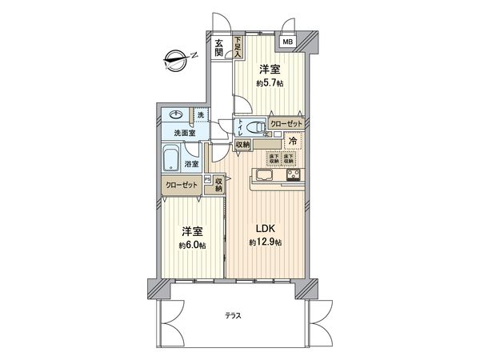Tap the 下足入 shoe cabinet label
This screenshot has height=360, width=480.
point(238,49)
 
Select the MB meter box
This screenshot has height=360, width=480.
point(286,42)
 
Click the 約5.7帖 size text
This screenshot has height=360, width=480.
point(270,82)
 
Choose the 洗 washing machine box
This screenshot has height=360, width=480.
point(201,115)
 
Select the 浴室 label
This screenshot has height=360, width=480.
point(192,164)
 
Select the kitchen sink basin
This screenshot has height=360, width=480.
point(263,176)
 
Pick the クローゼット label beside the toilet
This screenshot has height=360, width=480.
point(286,124)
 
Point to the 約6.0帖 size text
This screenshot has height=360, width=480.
point(192,245)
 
